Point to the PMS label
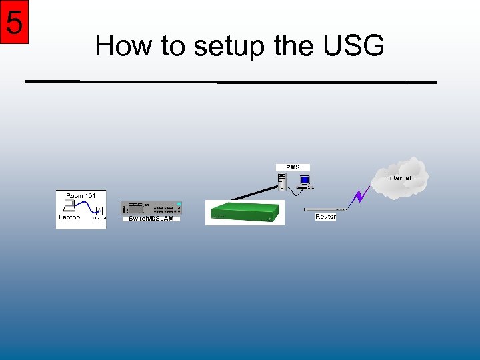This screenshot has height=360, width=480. coord(293,167)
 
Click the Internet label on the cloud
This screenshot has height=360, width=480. coord(400,178)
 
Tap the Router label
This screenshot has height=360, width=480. coord(325,217)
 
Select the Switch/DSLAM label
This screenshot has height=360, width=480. coord(151,219)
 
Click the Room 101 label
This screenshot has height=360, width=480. coord(81,195)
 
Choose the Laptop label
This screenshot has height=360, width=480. coord(69,217)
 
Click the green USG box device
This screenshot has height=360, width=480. coord(244,212)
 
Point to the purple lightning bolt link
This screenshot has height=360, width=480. coord(361,195)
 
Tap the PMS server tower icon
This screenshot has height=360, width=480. coord(282,181)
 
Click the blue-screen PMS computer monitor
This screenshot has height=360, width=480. coord(305,180)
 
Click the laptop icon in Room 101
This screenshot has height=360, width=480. coord(69,205)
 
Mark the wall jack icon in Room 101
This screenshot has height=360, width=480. coord(99,215)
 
